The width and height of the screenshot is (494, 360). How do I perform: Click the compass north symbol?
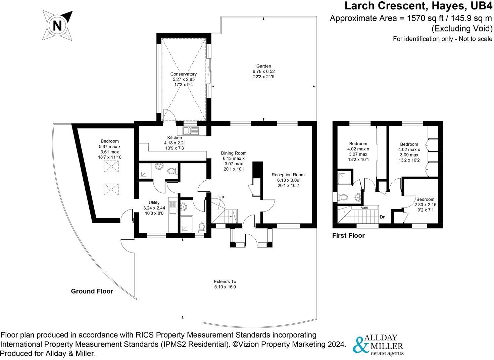(57, 26)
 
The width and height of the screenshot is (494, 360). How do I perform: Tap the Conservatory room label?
(183, 79)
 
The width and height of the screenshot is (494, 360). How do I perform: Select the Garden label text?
(263, 71)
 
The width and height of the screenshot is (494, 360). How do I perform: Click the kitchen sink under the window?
(191, 130)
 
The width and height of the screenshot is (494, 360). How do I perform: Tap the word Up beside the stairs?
(221, 197)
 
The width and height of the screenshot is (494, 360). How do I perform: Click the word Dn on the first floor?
(382, 217)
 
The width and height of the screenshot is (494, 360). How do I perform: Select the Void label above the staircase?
(364, 208)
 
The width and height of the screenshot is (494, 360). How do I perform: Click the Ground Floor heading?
(92, 291)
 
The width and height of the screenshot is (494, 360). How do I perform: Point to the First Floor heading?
(348, 235)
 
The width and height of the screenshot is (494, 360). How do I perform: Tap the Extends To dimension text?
(225, 284)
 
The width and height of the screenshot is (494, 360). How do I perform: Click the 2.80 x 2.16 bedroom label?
(425, 205)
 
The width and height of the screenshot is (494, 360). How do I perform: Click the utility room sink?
(173, 207)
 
